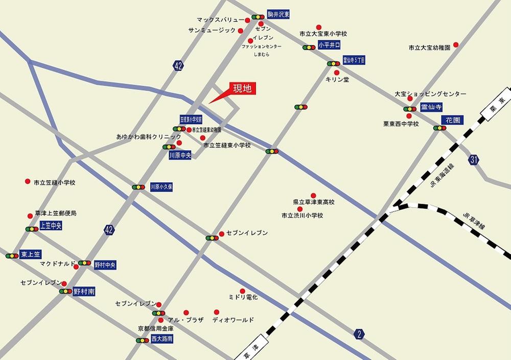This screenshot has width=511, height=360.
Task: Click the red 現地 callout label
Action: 243,88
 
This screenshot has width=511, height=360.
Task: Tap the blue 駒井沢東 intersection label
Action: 278,15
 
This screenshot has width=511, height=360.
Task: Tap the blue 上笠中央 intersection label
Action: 51,226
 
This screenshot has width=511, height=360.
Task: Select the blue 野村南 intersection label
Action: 84,291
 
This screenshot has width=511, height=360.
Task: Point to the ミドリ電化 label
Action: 244,297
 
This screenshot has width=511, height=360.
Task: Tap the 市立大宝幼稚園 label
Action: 429,47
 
